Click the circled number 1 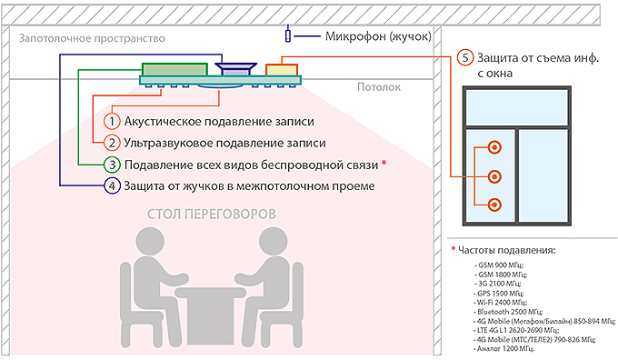click(112, 121)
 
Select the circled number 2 click(112, 143)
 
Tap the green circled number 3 click(112, 165)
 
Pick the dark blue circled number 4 click(112, 186)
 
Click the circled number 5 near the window click(465, 56)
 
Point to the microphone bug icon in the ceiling click(289, 35)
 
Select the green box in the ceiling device click(173, 69)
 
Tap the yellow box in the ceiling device click(281, 69)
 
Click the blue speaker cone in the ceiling click(236, 70)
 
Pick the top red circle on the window click(494, 147)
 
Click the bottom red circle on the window click(494, 204)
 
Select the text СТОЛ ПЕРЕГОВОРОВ click(212, 215)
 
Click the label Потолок click(378, 89)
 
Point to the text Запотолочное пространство click(89, 40)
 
